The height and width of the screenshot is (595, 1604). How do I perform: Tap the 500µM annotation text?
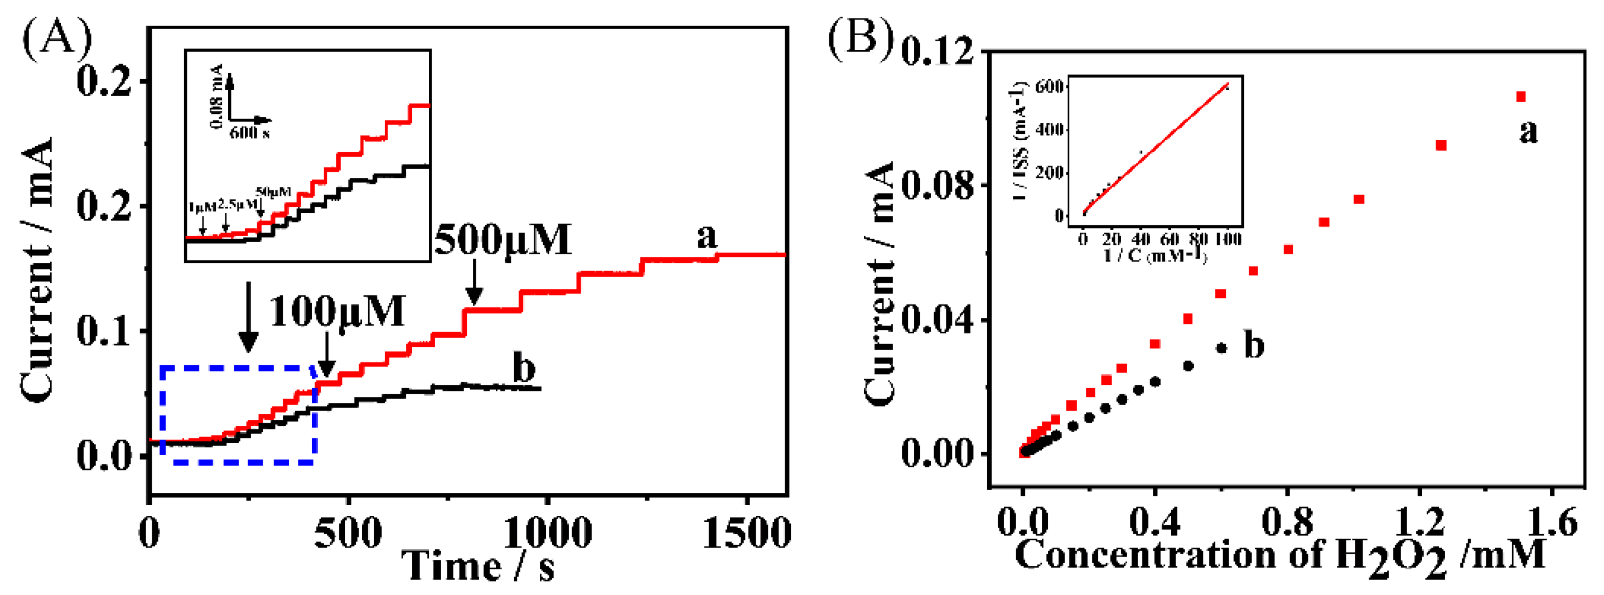click(503, 240)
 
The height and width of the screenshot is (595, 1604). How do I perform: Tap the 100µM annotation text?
click(337, 311)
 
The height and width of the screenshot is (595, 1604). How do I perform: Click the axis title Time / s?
click(477, 566)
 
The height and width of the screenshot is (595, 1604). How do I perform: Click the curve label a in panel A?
click(707, 236)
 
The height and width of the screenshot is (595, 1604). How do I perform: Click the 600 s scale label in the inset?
click(249, 133)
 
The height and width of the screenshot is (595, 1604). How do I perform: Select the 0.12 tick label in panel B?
click(937, 52)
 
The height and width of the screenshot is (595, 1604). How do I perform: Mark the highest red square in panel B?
click(1520, 96)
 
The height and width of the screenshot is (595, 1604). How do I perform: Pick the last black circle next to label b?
click(1221, 349)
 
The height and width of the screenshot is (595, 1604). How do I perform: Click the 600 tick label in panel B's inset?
click(1049, 86)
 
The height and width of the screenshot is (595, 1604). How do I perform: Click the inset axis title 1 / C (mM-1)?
click(1155, 255)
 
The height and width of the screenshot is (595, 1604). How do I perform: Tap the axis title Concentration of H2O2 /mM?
click(1279, 555)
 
